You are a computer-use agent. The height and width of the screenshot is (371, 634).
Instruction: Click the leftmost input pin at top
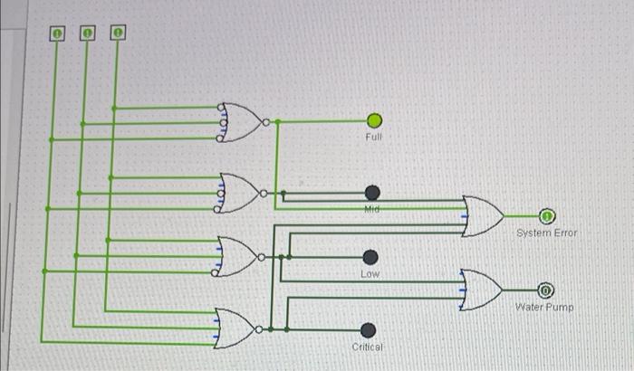(x=57, y=33)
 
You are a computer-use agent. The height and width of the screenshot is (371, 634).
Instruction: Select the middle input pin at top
(x=87, y=33)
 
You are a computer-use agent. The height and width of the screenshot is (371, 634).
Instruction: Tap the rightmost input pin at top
(x=118, y=33)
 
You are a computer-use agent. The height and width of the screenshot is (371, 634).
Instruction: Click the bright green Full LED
(x=375, y=121)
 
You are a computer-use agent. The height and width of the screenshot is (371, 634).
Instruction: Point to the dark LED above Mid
(x=372, y=192)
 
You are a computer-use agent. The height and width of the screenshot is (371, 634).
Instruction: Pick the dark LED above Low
(x=370, y=257)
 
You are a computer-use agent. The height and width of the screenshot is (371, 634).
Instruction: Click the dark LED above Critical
(x=369, y=329)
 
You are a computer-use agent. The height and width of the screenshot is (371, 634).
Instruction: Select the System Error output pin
(x=547, y=216)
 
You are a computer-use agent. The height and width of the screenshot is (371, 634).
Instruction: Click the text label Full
(x=374, y=138)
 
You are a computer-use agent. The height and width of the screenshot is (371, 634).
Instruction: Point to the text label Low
(x=370, y=272)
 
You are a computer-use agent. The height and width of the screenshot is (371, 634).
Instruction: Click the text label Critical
(x=368, y=347)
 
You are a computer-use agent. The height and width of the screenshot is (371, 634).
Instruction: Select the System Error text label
(x=547, y=233)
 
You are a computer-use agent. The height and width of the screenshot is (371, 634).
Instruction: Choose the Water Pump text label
(x=544, y=307)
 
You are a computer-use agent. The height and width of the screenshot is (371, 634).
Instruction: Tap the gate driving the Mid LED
(x=240, y=193)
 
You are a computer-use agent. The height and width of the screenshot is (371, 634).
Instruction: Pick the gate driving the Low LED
(x=237, y=257)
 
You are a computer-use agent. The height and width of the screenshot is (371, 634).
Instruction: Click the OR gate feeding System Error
(x=483, y=216)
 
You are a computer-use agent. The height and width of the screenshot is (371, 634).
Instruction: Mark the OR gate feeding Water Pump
(x=481, y=290)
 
